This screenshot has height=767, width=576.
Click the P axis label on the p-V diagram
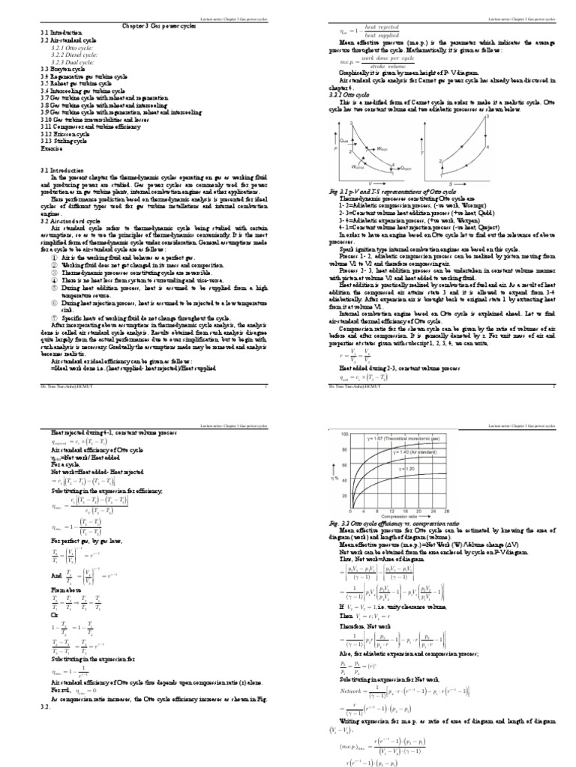point(335,149)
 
